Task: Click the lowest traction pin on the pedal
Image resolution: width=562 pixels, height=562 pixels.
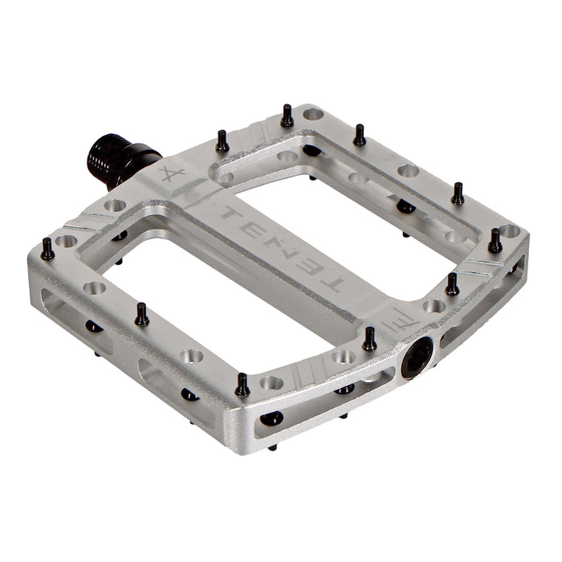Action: (x=242, y=386)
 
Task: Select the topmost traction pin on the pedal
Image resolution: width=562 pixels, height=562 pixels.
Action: (x=287, y=117)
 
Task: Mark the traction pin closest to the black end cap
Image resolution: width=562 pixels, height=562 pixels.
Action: (x=369, y=340)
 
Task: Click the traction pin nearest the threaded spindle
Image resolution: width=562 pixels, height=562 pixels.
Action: (x=222, y=143)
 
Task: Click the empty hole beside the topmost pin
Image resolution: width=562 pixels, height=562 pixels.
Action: (x=312, y=114)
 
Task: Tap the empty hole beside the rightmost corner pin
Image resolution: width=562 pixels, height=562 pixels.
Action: (x=509, y=231)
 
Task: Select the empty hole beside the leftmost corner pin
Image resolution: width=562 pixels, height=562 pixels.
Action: (x=67, y=241)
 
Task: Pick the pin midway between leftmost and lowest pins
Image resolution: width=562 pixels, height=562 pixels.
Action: (x=141, y=316)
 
